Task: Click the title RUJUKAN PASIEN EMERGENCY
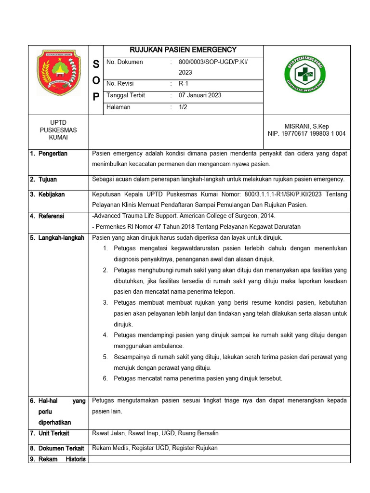pos(183,50)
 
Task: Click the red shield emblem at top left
pos(59,73)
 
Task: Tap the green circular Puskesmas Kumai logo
pos(304,74)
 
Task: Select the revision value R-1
pos(183,83)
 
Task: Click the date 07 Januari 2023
pos(200,95)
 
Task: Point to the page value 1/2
pos(183,107)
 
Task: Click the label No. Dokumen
pos(124,62)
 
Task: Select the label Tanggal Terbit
pos(125,95)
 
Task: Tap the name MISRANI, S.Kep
pos(306,126)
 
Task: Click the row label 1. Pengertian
pos(48,154)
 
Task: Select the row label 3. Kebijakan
pos(47,195)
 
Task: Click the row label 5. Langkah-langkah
pos(57,238)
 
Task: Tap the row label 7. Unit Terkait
pos(49,434)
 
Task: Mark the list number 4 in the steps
pos(105,335)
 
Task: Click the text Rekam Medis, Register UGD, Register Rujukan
pos(155,448)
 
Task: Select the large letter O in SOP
pos(96,80)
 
